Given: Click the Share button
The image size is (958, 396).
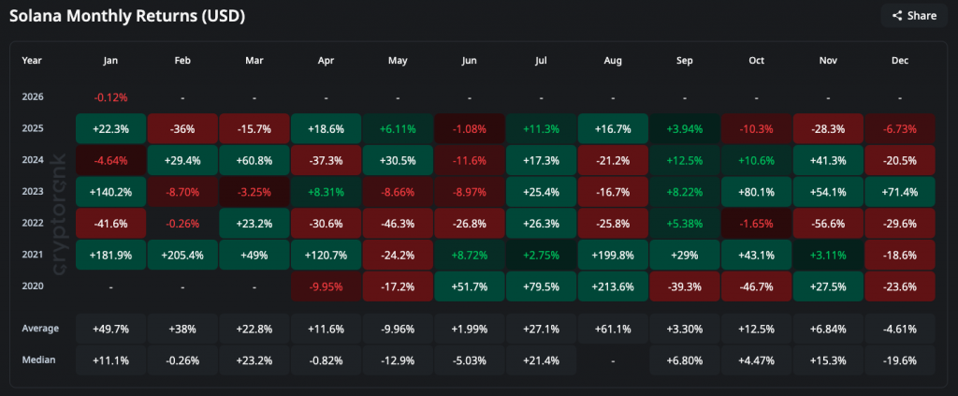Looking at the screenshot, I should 913,15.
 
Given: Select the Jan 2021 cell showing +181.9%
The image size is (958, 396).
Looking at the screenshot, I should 109,254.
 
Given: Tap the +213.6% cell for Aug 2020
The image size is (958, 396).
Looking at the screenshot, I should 613,286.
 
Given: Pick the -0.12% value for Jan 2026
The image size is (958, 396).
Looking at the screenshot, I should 109,96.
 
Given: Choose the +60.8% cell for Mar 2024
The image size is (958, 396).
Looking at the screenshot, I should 254,159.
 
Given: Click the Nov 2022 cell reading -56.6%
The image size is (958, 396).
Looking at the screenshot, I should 828,223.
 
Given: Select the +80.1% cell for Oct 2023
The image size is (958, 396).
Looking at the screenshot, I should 756,191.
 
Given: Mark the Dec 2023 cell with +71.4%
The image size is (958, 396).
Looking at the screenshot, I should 900,191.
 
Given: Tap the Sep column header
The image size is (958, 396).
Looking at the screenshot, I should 685,60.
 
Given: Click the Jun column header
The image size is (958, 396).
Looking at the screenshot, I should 470,60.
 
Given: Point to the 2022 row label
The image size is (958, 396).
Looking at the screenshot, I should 33,223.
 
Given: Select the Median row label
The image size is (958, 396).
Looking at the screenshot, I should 38,360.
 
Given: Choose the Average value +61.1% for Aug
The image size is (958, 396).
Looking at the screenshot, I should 613,329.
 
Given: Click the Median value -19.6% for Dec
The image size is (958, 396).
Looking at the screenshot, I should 900,360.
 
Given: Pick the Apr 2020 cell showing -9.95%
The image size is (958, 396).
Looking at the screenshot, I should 326,286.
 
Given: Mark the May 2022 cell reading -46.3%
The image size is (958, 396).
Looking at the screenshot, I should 398,223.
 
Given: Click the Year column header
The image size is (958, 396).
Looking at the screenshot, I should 32,60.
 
